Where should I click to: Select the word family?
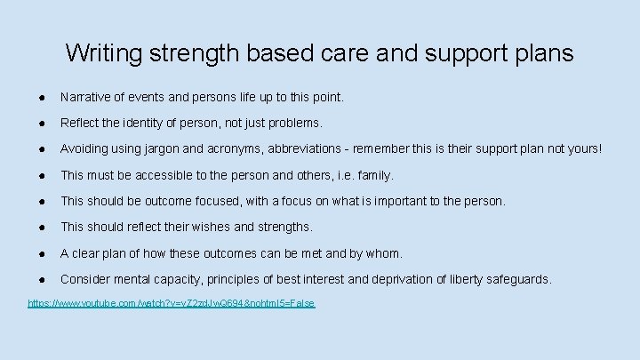[x=374, y=175]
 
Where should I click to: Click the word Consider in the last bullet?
[x=85, y=280]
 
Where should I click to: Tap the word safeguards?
[x=516, y=280]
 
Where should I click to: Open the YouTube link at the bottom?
[x=172, y=304]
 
